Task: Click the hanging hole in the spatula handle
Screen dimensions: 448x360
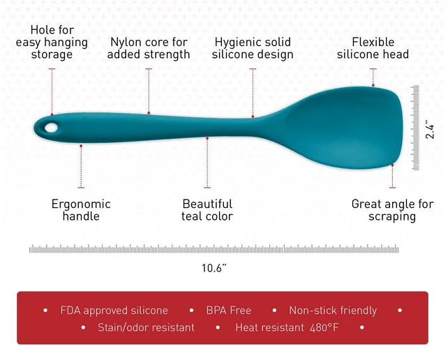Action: tap(51, 128)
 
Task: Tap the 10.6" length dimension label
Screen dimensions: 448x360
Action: tap(214, 268)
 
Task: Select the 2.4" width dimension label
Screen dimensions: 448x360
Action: tap(429, 131)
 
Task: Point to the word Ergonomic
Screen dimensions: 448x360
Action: tap(81, 204)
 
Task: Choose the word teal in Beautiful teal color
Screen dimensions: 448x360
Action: tap(193, 216)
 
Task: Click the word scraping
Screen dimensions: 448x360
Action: tap(392, 217)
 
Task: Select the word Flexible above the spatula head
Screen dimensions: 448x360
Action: tap(373, 42)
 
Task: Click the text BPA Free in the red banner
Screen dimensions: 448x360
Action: tap(229, 310)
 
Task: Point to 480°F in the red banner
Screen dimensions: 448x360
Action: tap(324, 327)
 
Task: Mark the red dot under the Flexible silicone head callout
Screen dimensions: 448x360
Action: tap(373, 85)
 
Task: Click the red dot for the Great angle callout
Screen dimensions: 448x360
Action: tap(393, 165)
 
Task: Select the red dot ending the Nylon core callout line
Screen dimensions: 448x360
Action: tap(149, 113)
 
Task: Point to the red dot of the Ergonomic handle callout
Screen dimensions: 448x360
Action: tap(81, 146)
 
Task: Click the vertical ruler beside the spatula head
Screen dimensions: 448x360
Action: tap(415, 128)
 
